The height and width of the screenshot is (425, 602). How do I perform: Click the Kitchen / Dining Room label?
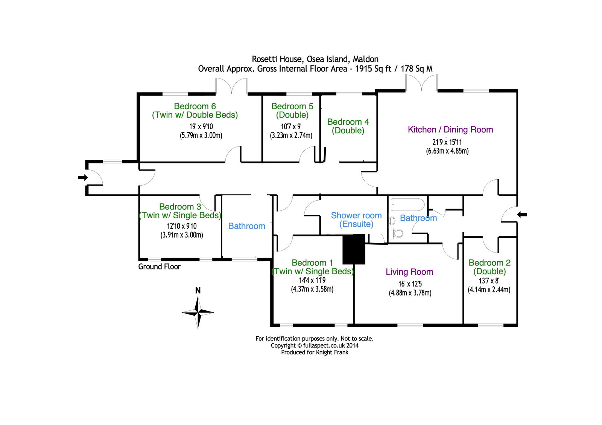click(x=450, y=130)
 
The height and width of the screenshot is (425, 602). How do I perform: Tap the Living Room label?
click(x=409, y=272)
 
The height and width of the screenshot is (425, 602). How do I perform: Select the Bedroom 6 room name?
click(x=195, y=106)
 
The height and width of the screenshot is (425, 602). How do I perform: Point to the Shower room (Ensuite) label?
click(x=356, y=219)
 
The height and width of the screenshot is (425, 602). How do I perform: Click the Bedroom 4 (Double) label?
click(x=348, y=126)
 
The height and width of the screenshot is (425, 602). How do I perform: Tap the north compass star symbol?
click(x=198, y=312)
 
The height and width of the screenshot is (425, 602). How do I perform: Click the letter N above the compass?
click(x=198, y=290)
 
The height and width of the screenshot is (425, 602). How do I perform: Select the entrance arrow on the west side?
click(x=83, y=177)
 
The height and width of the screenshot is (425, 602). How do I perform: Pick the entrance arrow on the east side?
click(x=522, y=215)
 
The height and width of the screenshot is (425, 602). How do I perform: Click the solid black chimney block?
click(x=354, y=249)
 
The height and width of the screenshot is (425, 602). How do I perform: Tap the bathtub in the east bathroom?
click(x=408, y=205)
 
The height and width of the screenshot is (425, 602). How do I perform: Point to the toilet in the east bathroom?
click(x=396, y=233)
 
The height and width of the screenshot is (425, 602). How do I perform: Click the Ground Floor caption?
click(x=160, y=266)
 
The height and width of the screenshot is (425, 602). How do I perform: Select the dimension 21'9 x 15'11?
click(x=447, y=142)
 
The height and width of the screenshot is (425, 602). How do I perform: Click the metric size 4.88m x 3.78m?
click(x=410, y=293)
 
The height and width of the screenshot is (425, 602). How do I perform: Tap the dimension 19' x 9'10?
click(x=201, y=127)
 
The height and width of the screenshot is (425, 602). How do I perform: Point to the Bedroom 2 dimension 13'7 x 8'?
click(x=489, y=281)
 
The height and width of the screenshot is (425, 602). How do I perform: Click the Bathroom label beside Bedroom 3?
click(x=247, y=226)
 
